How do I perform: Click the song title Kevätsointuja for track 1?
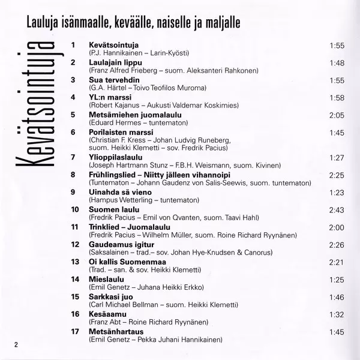[x=114, y=45]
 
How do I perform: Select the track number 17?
[x=75, y=331]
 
